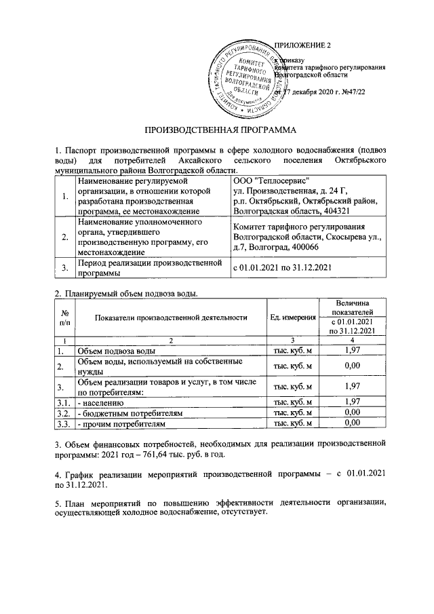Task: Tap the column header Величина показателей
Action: tap(351, 305)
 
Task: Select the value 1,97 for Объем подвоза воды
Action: tap(351, 350)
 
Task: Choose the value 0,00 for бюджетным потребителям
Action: tap(351, 411)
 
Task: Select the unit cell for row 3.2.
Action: tap(292, 412)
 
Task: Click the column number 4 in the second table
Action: tap(351, 339)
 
